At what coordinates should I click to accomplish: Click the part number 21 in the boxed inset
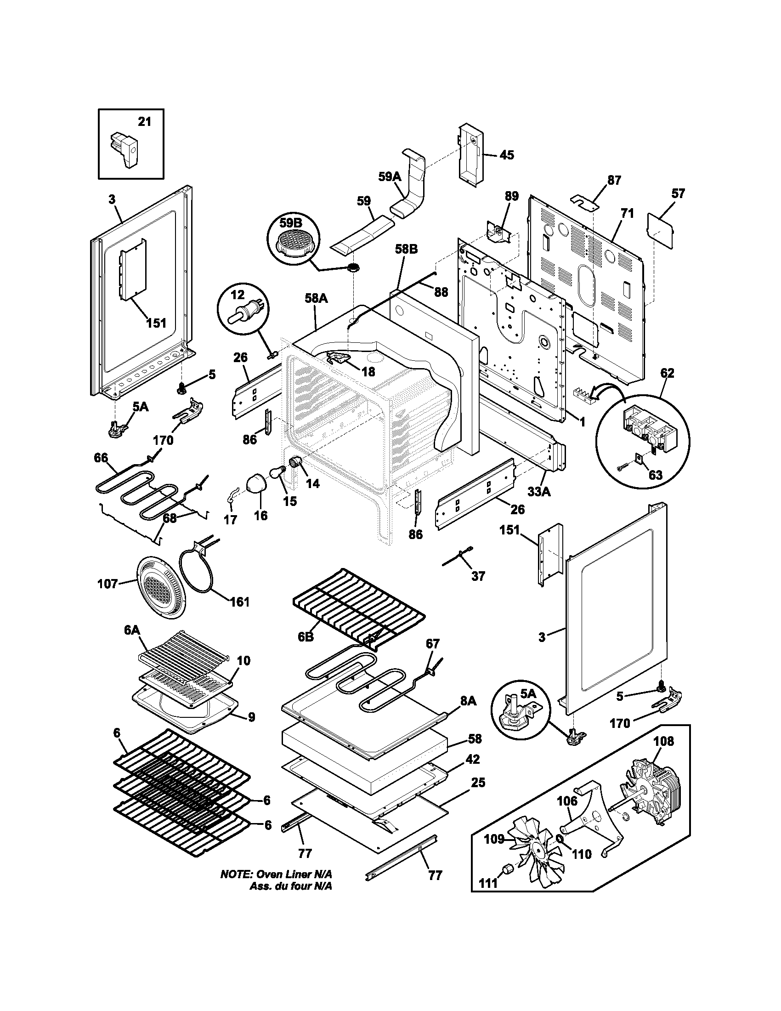144,122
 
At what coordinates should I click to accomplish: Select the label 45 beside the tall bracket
507,155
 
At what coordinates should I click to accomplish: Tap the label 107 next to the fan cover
108,584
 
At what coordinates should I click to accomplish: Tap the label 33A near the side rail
539,492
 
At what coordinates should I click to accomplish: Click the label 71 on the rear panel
627,213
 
